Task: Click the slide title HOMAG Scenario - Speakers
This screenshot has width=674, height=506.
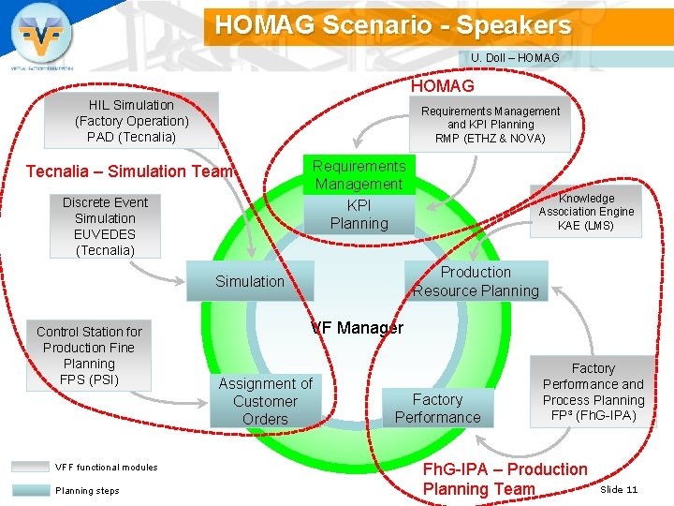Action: click(x=392, y=25)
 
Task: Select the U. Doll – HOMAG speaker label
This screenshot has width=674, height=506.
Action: click(x=515, y=58)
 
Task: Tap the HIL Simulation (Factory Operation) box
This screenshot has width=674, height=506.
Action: click(x=131, y=121)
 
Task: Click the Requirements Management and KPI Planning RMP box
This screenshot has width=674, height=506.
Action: click(x=490, y=125)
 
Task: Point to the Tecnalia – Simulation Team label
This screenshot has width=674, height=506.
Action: click(x=129, y=171)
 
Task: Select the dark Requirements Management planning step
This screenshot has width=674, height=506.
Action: click(x=359, y=175)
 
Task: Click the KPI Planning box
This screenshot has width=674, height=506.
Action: click(x=359, y=215)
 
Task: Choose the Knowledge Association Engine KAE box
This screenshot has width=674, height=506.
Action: click(x=586, y=212)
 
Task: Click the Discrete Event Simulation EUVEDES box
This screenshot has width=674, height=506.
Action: click(x=105, y=226)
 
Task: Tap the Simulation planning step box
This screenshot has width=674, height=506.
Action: click(x=249, y=281)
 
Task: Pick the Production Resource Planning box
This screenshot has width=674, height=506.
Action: click(x=476, y=281)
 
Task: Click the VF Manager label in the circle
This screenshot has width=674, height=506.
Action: click(x=357, y=328)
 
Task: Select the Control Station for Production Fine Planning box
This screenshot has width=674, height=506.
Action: click(x=89, y=355)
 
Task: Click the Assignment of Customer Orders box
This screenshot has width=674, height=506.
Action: click(x=265, y=401)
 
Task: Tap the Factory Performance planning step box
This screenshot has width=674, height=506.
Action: click(x=437, y=409)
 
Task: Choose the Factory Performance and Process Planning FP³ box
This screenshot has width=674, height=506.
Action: click(x=593, y=392)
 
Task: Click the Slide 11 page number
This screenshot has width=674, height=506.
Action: click(x=619, y=490)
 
